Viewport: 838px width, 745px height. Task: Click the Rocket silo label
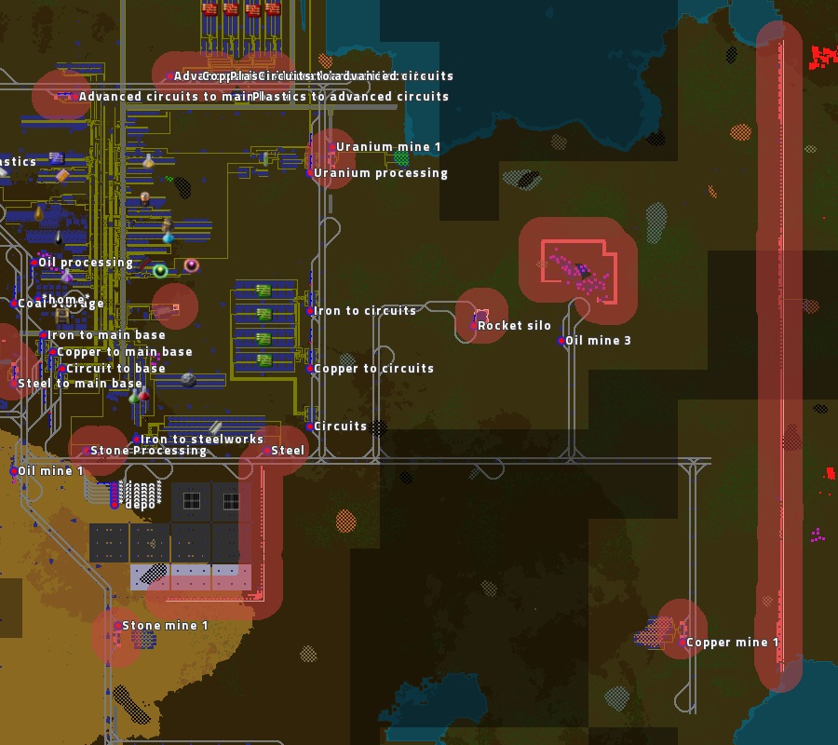click(x=515, y=326)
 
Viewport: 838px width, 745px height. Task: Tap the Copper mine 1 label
click(x=733, y=643)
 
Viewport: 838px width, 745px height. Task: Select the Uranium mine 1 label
click(x=389, y=147)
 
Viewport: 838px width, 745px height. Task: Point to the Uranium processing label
click(x=381, y=173)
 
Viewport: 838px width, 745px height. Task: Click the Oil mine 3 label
click(x=599, y=341)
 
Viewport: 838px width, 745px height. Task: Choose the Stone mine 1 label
click(x=166, y=626)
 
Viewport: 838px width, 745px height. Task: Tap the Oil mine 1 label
click(x=51, y=471)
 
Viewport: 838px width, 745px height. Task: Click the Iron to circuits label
click(x=365, y=311)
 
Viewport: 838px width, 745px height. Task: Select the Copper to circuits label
click(x=374, y=369)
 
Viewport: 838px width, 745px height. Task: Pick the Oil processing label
click(x=86, y=263)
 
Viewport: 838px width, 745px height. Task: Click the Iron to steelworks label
click(x=202, y=440)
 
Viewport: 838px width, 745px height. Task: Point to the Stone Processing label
click(x=149, y=451)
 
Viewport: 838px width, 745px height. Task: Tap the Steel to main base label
click(x=80, y=384)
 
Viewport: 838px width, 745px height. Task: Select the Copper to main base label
click(x=126, y=352)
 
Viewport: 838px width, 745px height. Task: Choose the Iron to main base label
click(x=107, y=335)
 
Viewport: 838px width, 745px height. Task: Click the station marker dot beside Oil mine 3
click(x=561, y=341)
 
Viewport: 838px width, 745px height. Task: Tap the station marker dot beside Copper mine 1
click(x=683, y=643)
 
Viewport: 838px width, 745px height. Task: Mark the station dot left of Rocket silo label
click(x=474, y=326)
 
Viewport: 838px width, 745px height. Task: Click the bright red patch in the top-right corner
click(x=823, y=57)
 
